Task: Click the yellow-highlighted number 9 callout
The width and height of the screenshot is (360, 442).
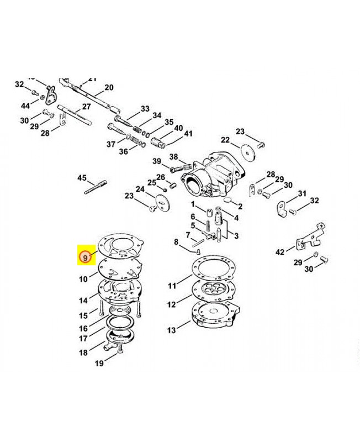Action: pos(85,257)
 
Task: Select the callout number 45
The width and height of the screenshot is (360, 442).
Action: pos(82,178)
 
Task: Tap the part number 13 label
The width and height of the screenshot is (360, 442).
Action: pos(172,330)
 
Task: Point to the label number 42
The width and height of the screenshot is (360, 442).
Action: pos(280,252)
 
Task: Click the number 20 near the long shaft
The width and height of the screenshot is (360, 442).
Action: pos(108,87)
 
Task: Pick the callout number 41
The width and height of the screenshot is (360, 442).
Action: pos(188,134)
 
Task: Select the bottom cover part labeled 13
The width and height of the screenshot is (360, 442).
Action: pos(213,318)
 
